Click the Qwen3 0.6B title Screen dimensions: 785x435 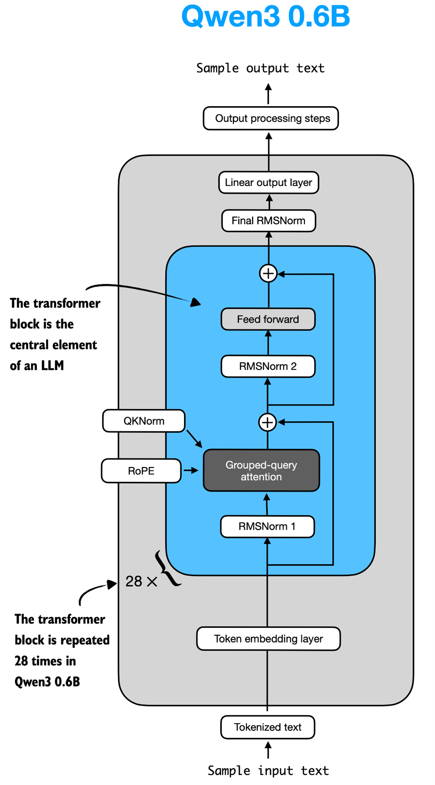(266, 17)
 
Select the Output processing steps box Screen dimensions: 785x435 (271, 119)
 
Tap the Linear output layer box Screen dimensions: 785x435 (268, 182)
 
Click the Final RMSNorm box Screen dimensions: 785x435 (268, 220)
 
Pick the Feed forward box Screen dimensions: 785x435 (268, 319)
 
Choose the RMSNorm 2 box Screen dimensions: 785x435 (268, 366)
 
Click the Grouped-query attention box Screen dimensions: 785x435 (261, 471)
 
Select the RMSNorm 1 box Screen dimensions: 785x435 (267, 527)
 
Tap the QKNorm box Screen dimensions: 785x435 (144, 421)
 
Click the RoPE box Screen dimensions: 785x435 (141, 471)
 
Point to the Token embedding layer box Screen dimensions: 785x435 (268, 639)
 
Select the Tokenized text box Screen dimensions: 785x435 (268, 727)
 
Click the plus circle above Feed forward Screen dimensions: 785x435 (268, 273)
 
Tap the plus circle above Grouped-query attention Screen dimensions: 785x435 (268, 422)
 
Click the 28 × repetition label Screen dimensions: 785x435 (141, 581)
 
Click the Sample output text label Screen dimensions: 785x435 (260, 68)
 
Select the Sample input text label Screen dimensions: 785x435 (268, 771)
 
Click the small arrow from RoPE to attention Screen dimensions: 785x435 (191, 471)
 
